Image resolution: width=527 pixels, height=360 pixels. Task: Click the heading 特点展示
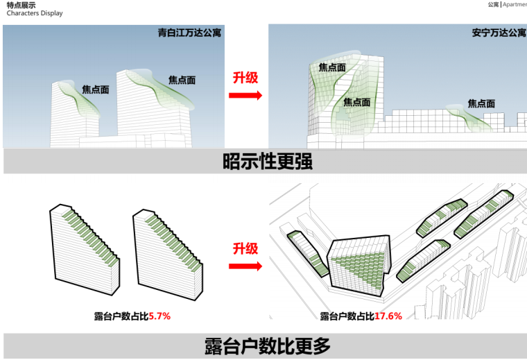pos(19,4)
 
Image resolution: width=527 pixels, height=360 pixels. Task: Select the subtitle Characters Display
pos(34,13)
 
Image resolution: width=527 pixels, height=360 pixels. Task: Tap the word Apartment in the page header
pos(515,4)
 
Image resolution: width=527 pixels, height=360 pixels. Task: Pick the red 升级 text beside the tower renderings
pos(245,77)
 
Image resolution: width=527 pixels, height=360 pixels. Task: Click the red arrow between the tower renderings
pos(245,94)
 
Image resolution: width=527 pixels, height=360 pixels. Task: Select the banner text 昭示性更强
pos(267,162)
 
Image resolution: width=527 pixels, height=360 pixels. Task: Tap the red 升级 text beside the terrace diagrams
pos(245,248)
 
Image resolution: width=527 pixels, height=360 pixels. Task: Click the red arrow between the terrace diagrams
pos(245,266)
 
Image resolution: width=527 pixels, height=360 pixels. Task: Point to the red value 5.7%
pos(159,316)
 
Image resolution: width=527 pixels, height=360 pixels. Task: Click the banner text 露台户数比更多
pos(267,345)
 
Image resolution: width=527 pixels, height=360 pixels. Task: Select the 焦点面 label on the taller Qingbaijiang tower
pos(182,80)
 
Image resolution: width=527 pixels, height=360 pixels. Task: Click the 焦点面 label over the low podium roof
pos(481,103)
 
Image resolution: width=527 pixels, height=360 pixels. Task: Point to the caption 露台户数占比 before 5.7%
pos(121,316)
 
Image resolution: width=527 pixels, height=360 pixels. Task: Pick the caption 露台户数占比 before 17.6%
pos(347,316)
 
